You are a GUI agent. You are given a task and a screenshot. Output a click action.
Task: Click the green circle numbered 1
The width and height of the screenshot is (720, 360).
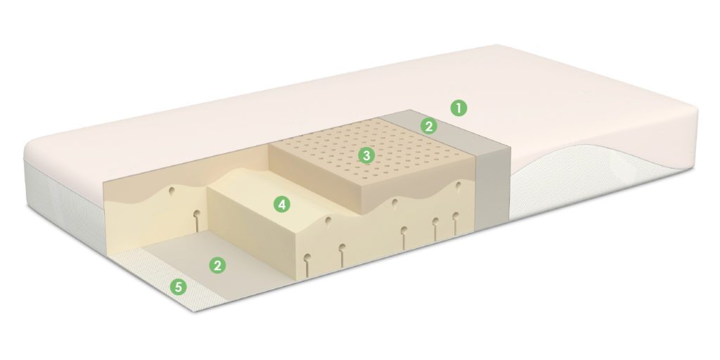tap(458, 108)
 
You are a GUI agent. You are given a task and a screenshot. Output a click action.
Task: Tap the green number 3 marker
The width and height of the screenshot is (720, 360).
tap(366, 155)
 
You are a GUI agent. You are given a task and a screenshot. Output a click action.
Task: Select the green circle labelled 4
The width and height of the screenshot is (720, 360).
tap(282, 205)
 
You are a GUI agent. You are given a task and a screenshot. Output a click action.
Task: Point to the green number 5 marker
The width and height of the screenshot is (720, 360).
tap(178, 288)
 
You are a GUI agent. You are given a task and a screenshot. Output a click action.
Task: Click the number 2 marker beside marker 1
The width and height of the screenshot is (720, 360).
tap(429, 126)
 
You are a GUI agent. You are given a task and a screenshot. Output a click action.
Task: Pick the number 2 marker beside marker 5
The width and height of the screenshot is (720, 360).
tap(218, 265)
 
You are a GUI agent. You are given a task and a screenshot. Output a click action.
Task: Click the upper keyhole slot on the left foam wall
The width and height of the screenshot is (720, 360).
tap(172, 191)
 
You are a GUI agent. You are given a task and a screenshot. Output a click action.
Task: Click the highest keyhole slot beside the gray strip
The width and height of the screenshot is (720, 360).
tap(458, 187)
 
